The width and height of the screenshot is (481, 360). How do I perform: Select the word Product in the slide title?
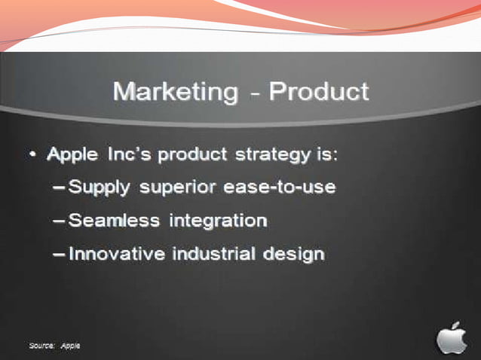coord(320,93)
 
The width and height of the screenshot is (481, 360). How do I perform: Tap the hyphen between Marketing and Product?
coord(257,94)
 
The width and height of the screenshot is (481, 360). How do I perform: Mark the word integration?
coord(218,221)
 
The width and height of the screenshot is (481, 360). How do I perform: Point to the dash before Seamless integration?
coord(60,221)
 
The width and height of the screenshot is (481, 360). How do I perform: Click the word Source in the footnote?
coord(41,345)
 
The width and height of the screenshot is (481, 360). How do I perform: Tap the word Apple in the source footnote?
coord(70,345)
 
